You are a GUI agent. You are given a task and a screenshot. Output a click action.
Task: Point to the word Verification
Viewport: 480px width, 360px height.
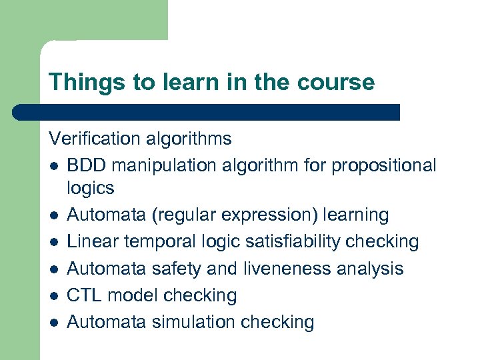91,139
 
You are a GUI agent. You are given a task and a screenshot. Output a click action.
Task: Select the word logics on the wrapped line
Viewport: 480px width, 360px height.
91,188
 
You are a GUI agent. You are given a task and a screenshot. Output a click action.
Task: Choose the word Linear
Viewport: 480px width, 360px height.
89,242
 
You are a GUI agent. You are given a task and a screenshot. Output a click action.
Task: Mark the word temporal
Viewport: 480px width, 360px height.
148,242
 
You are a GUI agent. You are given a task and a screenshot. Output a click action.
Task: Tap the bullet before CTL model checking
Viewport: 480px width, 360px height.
53,295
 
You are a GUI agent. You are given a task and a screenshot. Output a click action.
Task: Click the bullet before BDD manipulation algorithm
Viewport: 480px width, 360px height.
53,166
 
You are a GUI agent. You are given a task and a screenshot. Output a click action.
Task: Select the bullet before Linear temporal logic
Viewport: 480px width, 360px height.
53,242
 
